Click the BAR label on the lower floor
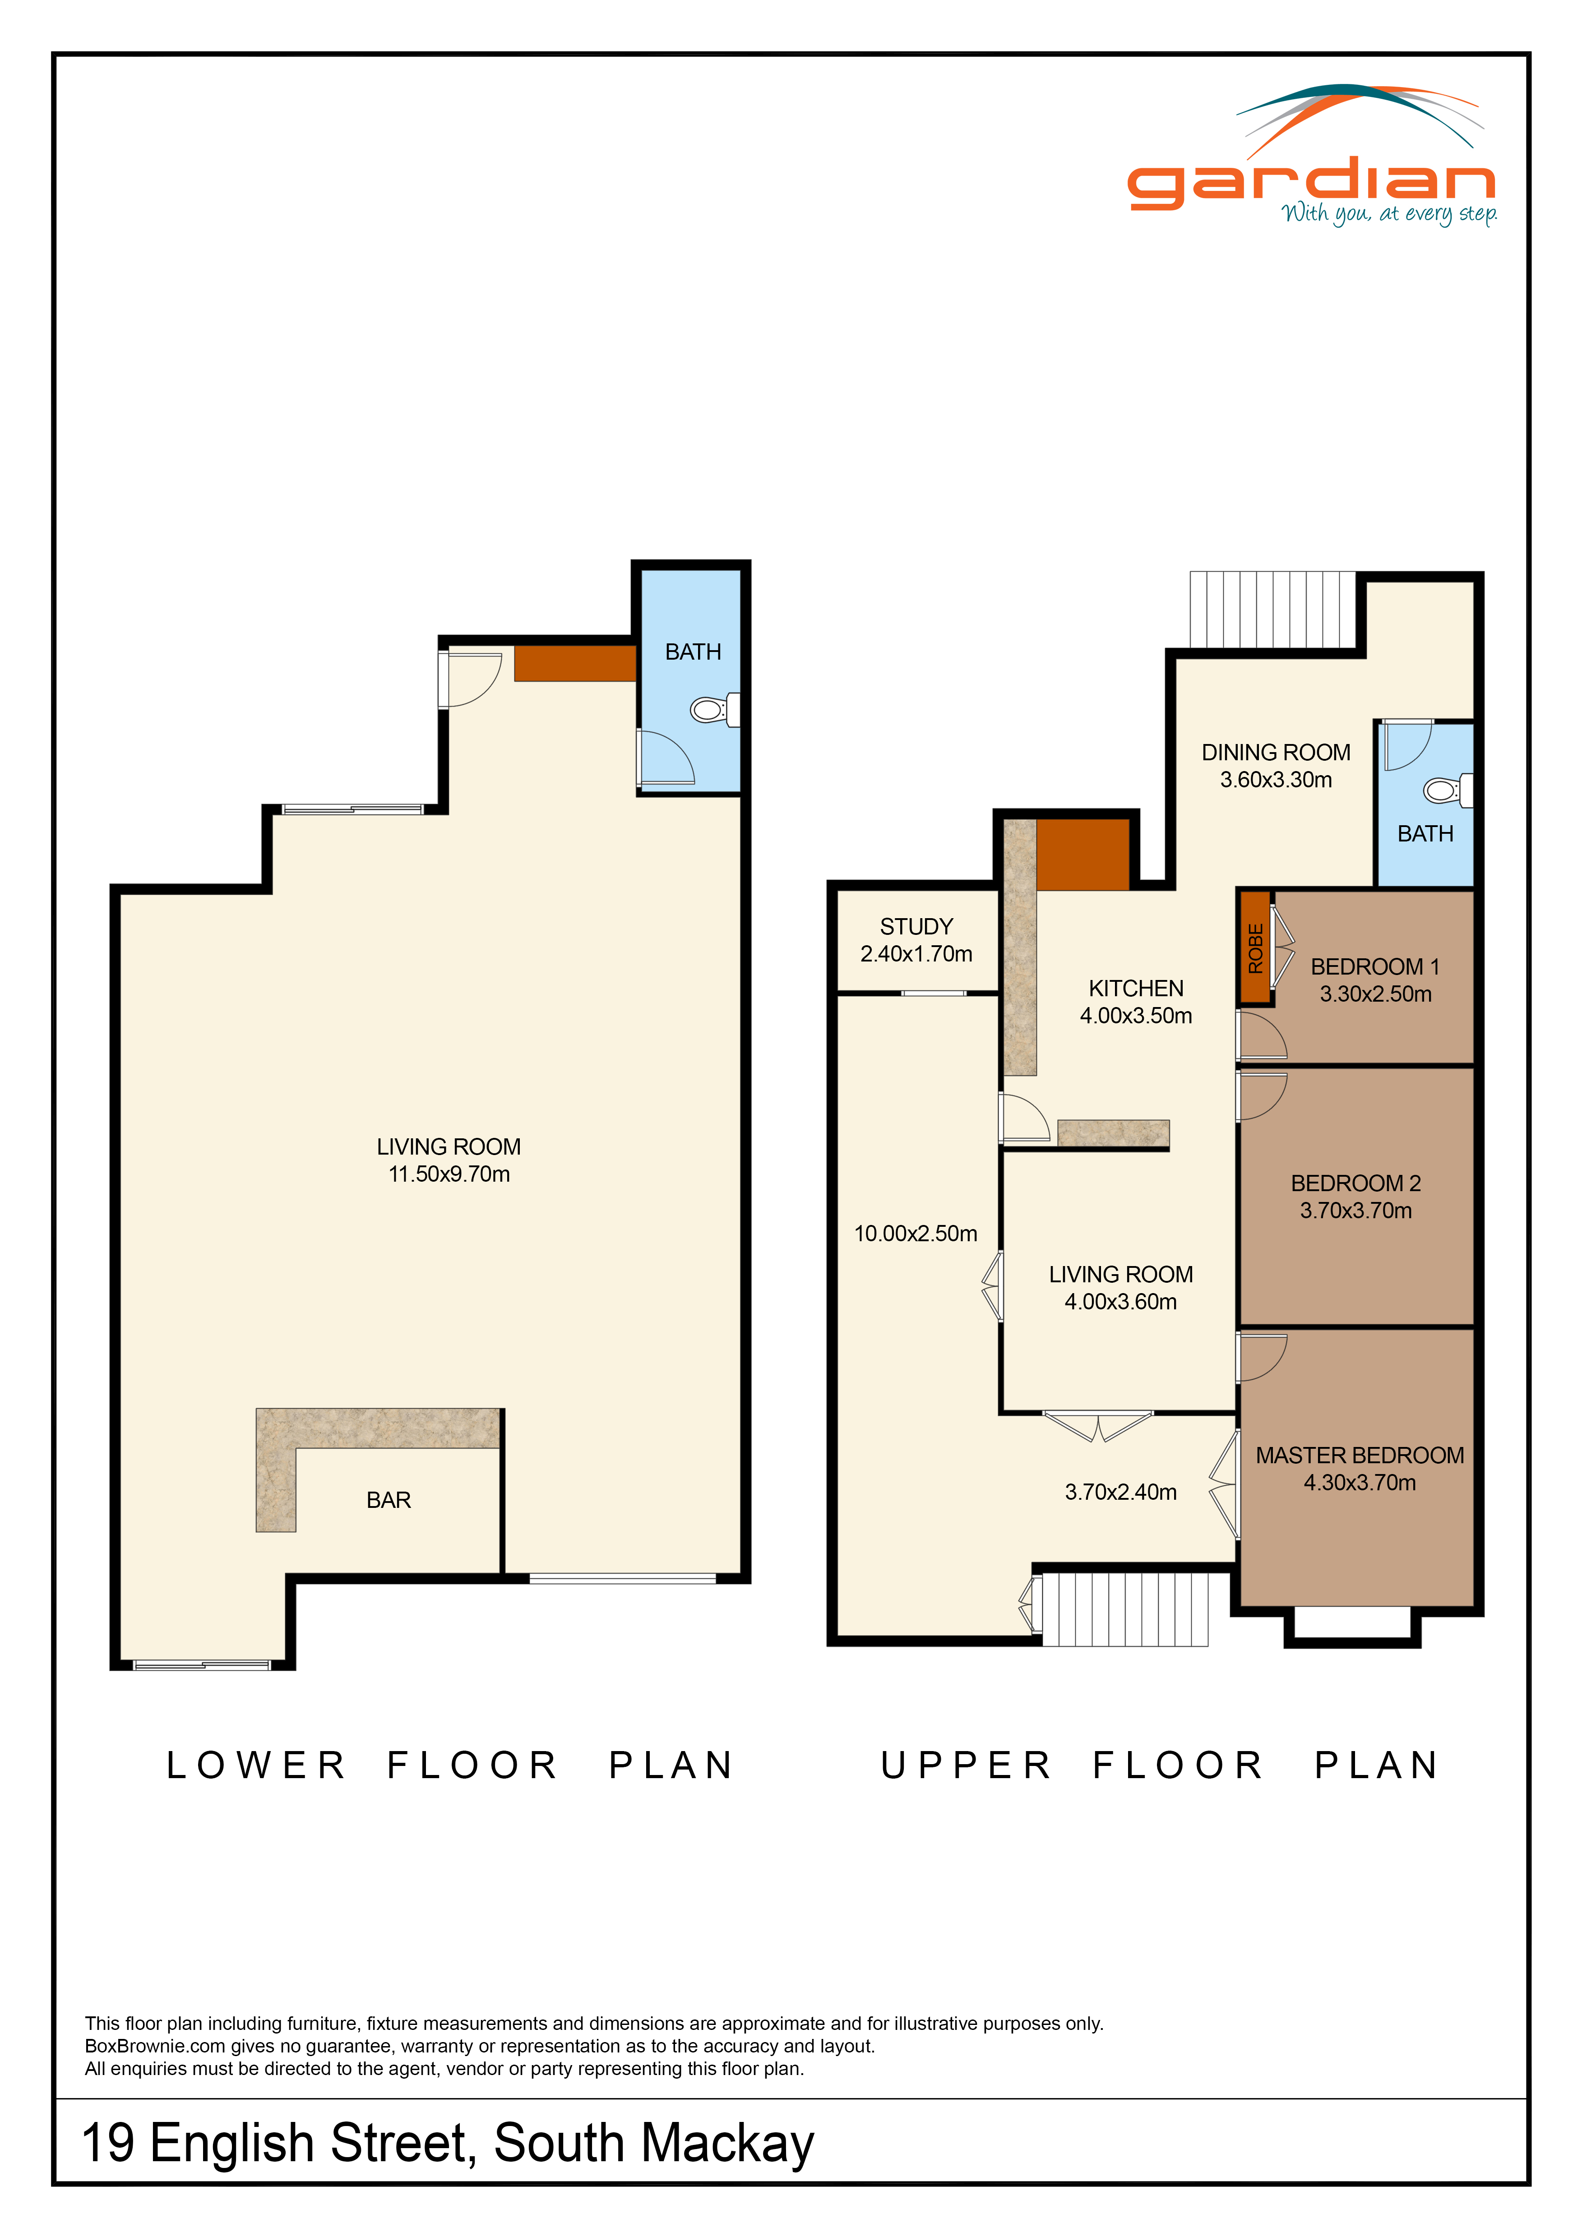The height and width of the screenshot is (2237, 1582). click(x=389, y=1500)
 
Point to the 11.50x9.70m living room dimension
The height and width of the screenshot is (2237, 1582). click(x=449, y=1174)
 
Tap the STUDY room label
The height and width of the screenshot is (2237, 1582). click(x=916, y=927)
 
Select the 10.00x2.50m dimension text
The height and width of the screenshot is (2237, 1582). click(x=916, y=1234)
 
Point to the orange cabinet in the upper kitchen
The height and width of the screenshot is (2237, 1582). click(x=1082, y=855)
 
